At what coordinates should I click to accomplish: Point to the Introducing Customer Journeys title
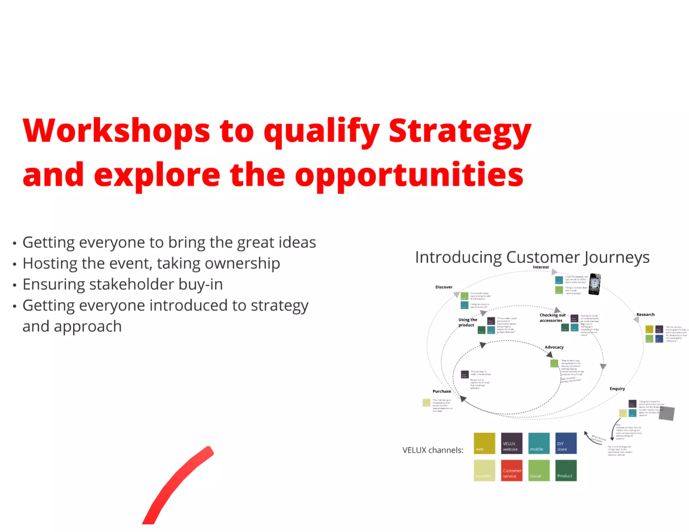coord(532,257)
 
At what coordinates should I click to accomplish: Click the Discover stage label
coord(444,287)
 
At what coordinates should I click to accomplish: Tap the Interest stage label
coord(541,267)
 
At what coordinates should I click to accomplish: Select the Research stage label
coord(645,314)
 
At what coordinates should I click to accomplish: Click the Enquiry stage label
coord(617,388)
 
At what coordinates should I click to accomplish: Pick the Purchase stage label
coord(441,391)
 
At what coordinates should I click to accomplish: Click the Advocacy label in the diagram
coord(554,347)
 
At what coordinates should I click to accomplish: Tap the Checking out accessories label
coord(552,318)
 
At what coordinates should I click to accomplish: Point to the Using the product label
coord(467,322)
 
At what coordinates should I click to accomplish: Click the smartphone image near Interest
coord(594,284)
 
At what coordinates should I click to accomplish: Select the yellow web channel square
coord(484,443)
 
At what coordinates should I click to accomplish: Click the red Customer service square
coord(511,470)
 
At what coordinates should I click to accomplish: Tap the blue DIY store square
coord(566,443)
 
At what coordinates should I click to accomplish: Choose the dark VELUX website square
coord(511,443)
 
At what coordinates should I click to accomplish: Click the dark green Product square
coord(566,470)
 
